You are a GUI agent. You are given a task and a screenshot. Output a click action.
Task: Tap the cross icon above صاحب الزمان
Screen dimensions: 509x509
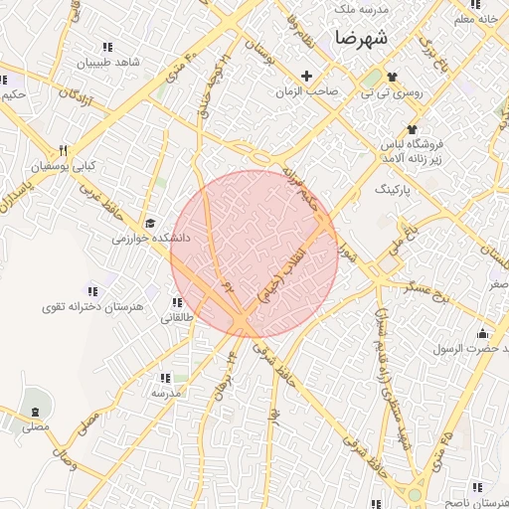pos(306,76)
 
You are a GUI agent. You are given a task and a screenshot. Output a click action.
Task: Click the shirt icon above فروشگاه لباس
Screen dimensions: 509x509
pos(412,130)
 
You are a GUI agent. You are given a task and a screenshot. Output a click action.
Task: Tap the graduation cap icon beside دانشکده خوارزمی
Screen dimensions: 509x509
pos(150,224)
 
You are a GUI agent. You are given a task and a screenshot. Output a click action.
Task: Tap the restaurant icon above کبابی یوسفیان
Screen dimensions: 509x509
pos(63,150)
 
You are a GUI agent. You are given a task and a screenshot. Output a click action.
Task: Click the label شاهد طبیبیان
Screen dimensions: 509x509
pos(108,62)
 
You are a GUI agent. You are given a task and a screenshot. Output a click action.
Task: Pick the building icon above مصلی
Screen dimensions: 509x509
pos(36,412)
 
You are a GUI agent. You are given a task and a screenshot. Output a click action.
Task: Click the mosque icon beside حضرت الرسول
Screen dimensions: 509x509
pos(483,333)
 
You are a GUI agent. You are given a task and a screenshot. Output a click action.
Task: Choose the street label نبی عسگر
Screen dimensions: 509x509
pos(428,289)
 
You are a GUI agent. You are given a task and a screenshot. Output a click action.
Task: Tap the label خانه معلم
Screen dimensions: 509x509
pos(474,19)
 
